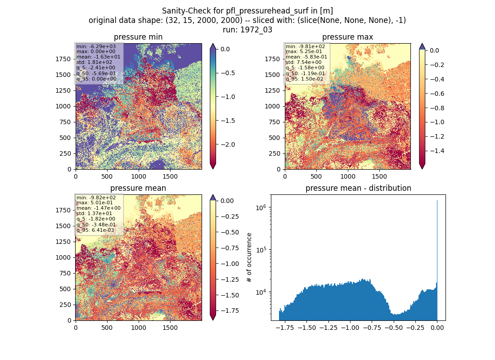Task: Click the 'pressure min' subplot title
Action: point(138,37)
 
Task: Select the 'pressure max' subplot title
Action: point(347,37)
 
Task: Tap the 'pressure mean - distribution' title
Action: point(358,188)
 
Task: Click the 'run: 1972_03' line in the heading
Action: point(247,30)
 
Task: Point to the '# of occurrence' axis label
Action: point(249,258)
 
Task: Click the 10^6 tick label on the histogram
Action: point(261,207)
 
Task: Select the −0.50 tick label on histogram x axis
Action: point(394,328)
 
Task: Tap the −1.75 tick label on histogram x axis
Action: point(285,328)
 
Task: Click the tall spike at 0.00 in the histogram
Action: point(437,259)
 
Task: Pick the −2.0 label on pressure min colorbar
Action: point(227,144)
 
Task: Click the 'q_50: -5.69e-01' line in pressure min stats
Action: point(96,74)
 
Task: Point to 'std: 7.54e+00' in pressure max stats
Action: point(304,62)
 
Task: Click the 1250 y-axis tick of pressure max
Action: point(273,90)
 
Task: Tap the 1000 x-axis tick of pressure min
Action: point(139,176)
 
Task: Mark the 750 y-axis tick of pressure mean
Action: point(65,273)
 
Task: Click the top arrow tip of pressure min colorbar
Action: point(213,44)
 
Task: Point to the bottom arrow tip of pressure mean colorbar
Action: point(213,320)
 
